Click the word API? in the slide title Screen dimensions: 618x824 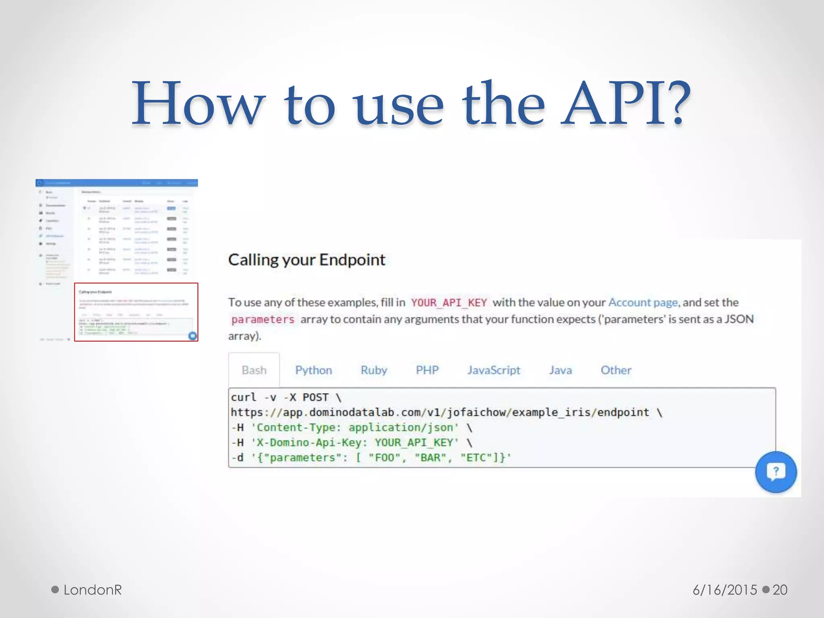click(x=626, y=104)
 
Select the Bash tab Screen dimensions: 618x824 click(x=254, y=370)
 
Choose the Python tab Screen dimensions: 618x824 click(x=313, y=370)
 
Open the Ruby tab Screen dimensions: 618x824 click(x=373, y=370)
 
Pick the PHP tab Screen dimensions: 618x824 click(x=427, y=370)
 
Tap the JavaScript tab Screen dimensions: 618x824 click(x=493, y=370)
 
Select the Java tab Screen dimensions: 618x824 click(x=560, y=370)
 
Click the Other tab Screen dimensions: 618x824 click(x=616, y=370)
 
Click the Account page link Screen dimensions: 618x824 click(x=643, y=303)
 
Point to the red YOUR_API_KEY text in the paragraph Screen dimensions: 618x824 click(x=449, y=303)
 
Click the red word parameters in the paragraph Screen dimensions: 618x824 click(x=263, y=319)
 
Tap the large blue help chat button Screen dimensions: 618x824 click(x=776, y=472)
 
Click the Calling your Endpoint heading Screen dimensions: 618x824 click(x=307, y=260)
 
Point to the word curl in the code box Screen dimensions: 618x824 click(x=243, y=398)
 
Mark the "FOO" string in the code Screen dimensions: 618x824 click(x=385, y=458)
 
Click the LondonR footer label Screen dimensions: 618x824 click(x=92, y=590)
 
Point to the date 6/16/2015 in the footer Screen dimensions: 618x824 click(x=724, y=590)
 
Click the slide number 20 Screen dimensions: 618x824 click(x=780, y=590)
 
